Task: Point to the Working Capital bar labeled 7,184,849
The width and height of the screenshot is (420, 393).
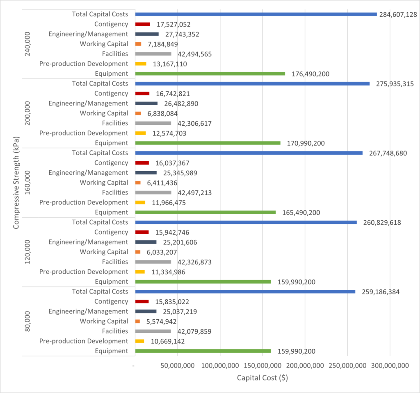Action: tap(138, 44)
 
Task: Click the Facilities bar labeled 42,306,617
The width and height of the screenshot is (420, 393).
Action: tap(153, 123)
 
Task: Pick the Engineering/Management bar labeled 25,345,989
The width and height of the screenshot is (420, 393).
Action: tap(146, 173)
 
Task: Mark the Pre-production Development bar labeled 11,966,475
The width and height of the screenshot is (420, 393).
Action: tap(140, 203)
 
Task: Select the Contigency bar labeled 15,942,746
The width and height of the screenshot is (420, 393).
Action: tap(142, 232)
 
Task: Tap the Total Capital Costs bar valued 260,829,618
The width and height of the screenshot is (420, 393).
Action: tap(246, 222)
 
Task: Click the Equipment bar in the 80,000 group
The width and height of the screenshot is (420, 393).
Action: tap(203, 351)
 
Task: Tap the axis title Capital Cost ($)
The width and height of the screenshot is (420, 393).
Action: tap(262, 378)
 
